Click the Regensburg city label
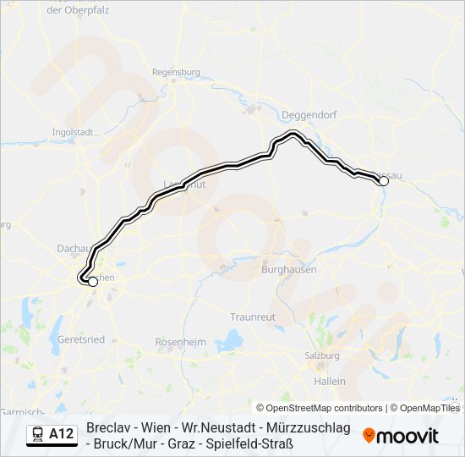click(x=176, y=73)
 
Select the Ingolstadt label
click(x=72, y=133)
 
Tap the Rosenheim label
click(x=181, y=342)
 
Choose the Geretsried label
click(x=81, y=339)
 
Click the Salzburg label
click(x=323, y=355)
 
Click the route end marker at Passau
click(x=383, y=181)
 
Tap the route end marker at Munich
click(x=93, y=283)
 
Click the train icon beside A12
click(x=37, y=435)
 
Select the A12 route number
click(x=62, y=435)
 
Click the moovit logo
click(x=401, y=436)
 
